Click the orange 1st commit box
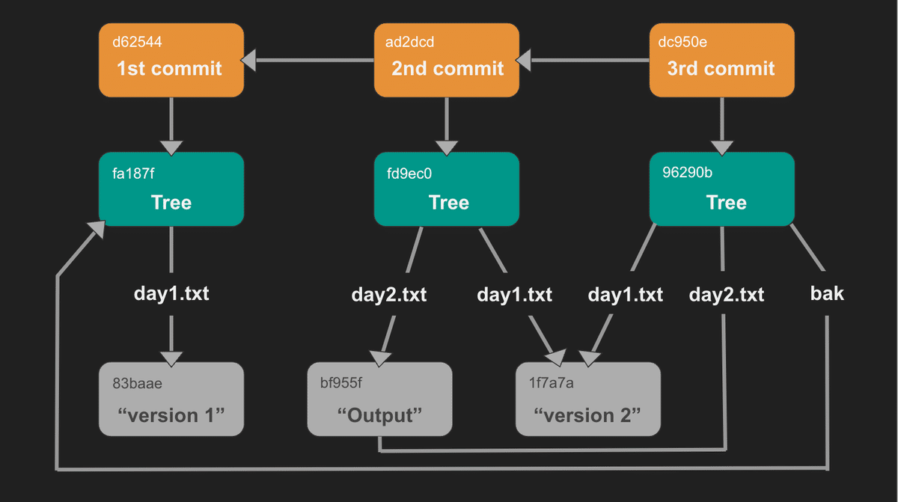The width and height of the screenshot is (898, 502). pos(171,60)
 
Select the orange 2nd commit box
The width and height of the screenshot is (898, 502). pos(447,60)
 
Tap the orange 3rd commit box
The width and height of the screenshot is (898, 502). pos(721,60)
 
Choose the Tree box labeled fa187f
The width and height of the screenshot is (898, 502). pos(171,189)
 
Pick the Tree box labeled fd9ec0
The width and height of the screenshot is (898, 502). pos(447,189)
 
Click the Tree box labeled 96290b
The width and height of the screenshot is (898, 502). pos(721,189)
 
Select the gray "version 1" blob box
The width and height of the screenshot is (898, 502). pos(171,399)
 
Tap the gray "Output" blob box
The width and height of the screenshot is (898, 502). pos(379,399)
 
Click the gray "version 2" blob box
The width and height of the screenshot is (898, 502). pos(588,399)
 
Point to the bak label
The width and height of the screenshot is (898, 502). pos(827,293)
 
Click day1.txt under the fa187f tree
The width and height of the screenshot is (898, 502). pos(171,293)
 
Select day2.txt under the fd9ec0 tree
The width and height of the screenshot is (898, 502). pos(389,295)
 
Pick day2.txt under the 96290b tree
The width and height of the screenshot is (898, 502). pos(726,295)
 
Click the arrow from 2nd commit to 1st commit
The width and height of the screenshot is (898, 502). pos(308,60)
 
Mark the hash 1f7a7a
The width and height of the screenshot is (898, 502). pos(551,383)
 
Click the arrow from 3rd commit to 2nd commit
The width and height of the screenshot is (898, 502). pos(584,60)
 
